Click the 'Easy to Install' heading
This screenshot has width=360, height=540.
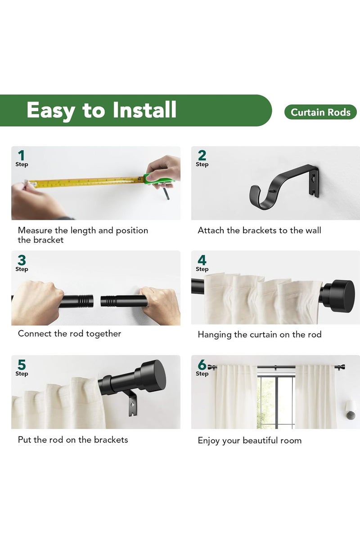[102, 110]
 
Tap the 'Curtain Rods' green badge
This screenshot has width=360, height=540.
[320, 112]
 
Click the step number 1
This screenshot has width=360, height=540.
[21, 156]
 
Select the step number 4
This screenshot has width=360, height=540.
[202, 260]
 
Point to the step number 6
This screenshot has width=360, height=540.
[202, 365]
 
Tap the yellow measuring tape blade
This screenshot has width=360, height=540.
[85, 182]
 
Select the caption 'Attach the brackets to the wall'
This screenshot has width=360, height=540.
[259, 231]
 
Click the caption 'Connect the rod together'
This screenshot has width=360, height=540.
[69, 334]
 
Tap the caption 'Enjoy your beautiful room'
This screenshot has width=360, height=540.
[249, 441]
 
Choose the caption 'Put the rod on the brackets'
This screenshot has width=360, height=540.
[73, 440]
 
